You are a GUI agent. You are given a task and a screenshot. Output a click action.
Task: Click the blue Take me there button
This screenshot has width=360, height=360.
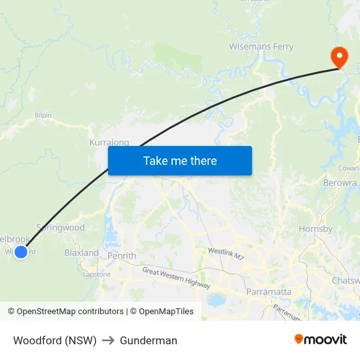[x=180, y=160]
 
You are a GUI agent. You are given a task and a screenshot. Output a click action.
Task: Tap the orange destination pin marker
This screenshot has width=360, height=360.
[x=339, y=57]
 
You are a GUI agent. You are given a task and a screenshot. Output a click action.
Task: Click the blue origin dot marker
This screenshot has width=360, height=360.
[x=21, y=251]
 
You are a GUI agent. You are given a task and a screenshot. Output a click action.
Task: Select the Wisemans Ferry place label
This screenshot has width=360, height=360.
[x=261, y=46]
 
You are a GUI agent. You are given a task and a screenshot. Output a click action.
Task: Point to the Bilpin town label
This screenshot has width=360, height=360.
[x=43, y=115]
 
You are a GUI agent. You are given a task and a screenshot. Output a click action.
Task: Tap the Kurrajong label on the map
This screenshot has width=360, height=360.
[x=109, y=142]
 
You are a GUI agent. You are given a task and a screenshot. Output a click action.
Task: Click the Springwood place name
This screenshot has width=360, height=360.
[x=61, y=228]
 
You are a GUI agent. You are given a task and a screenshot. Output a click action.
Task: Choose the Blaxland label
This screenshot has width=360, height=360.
[x=81, y=253]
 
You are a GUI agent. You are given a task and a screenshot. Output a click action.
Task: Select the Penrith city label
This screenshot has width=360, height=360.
[x=122, y=256]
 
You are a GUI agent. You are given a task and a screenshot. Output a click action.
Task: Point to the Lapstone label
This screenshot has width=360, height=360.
[x=97, y=274]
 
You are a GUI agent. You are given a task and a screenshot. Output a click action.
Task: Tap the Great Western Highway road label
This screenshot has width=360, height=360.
[x=177, y=278]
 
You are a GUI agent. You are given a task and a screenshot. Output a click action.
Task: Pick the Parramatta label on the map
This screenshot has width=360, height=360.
[x=268, y=291]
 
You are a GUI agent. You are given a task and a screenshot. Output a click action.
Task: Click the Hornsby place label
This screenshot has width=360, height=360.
[x=315, y=229]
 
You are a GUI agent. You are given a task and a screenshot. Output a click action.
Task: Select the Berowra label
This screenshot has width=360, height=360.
[x=340, y=183]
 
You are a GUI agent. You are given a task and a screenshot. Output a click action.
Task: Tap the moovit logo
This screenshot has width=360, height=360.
[x=321, y=339]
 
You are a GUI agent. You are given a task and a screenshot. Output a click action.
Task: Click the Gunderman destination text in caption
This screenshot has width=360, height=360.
[x=149, y=340]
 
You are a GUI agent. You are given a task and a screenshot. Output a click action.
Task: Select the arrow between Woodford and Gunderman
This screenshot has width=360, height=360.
[x=108, y=340]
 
